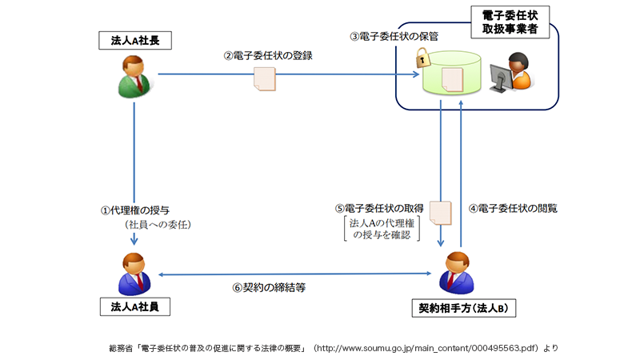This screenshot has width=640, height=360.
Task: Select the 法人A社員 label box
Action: pyautogui.click(x=135, y=306)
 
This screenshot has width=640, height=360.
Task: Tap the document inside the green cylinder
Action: pyautogui.click(x=453, y=78)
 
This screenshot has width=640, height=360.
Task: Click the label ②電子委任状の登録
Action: pyautogui.click(x=268, y=56)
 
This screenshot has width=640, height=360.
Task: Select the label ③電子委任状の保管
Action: pyautogui.click(x=394, y=36)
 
